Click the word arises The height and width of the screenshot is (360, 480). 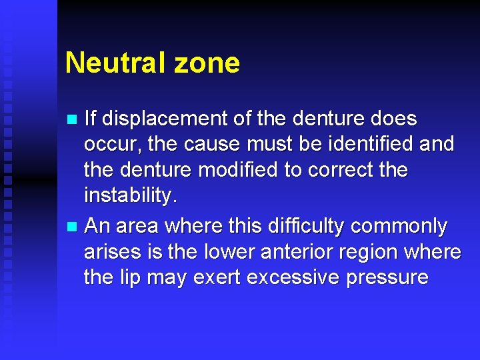click(109, 252)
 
